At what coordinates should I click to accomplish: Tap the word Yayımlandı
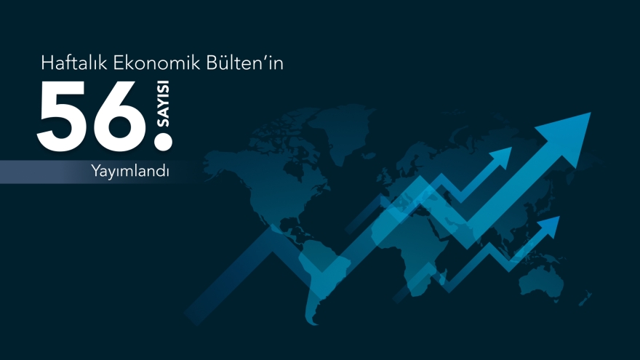pos(130,172)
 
